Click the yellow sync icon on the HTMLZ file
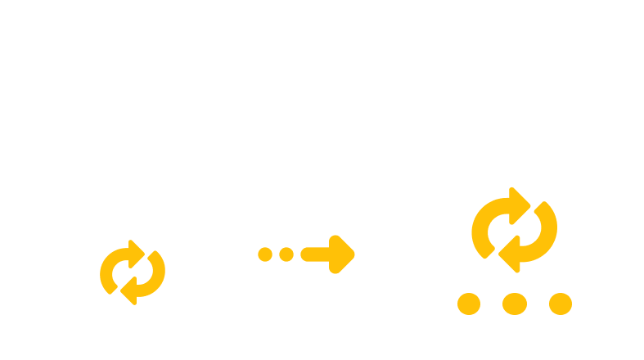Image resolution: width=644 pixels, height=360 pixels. coord(132,271)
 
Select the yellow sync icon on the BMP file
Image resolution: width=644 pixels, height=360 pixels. coord(514,230)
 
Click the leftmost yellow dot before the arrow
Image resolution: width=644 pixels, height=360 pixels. coord(265,254)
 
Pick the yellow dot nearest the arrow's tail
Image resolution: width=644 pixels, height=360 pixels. coord(286,254)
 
